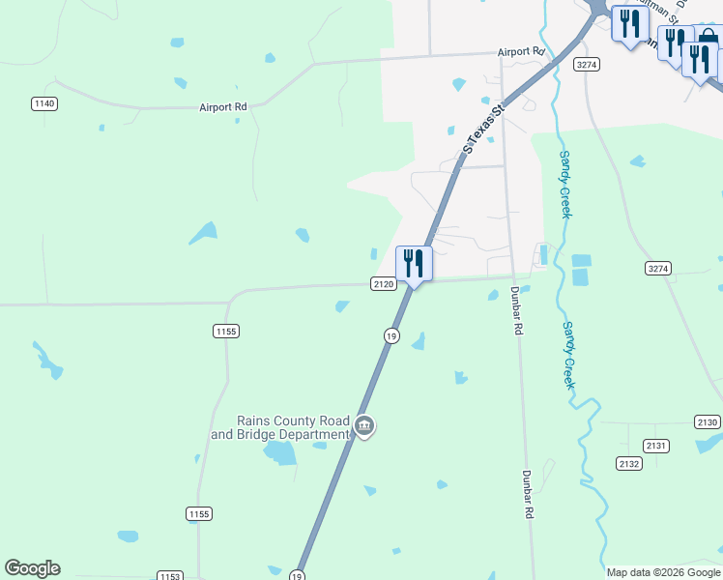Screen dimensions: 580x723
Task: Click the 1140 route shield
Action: pyautogui.click(x=43, y=103)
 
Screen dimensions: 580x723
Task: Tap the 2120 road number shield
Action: pyautogui.click(x=383, y=284)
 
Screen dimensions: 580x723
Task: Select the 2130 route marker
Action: pyautogui.click(x=707, y=422)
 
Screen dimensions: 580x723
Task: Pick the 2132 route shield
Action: pyautogui.click(x=629, y=464)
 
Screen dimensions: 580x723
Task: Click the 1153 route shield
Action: pyautogui.click(x=169, y=575)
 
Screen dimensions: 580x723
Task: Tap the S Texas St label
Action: pyautogui.click(x=484, y=130)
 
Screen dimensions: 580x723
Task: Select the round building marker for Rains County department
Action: pyautogui.click(x=364, y=425)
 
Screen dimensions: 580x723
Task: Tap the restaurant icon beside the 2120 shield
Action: pyautogui.click(x=414, y=262)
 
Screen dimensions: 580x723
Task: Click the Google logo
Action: pyautogui.click(x=32, y=568)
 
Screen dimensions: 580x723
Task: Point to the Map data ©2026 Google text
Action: pyautogui.click(x=663, y=572)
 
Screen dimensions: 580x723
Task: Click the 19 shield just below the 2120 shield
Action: pyautogui.click(x=390, y=335)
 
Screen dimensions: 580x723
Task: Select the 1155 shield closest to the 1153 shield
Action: pyautogui.click(x=199, y=514)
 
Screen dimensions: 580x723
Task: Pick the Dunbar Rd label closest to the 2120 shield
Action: pyautogui.click(x=517, y=310)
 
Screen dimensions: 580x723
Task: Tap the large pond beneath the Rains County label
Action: pyautogui.click(x=279, y=452)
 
